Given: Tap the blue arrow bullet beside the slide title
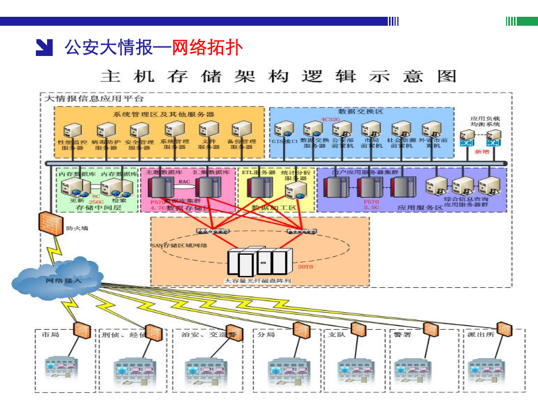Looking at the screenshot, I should [44, 48].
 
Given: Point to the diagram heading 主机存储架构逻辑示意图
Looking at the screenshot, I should [279, 76].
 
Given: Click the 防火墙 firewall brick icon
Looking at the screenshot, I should [49, 223].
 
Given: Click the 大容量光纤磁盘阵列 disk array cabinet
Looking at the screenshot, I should [260, 261].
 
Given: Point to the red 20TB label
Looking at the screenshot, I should [305, 268].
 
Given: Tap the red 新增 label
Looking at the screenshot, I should [481, 152].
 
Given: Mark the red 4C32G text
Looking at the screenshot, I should [330, 119].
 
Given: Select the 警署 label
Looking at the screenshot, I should [402, 335].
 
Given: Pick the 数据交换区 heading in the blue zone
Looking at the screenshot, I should [361, 112].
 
